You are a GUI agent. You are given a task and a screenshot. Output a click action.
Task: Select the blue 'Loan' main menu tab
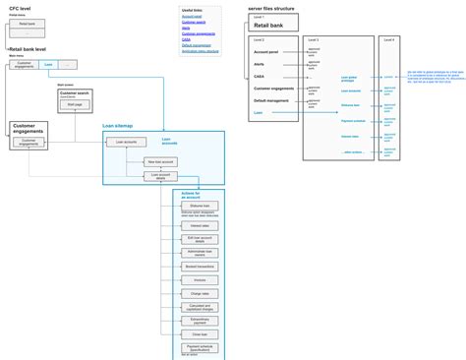(49, 64)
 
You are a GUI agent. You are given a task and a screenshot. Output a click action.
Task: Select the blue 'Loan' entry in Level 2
(258, 113)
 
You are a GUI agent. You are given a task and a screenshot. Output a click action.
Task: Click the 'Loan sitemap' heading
(117, 126)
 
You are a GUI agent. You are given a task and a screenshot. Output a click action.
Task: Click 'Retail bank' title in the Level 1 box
(268, 25)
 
